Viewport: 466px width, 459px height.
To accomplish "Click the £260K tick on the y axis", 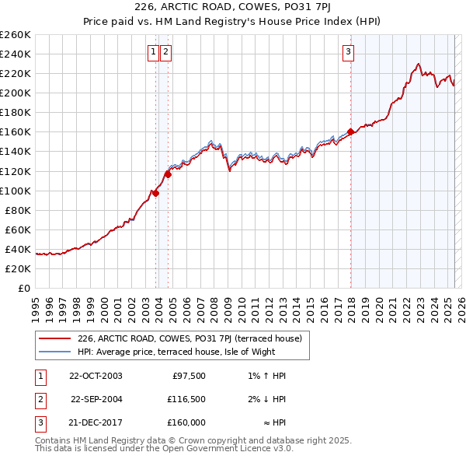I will (15, 35).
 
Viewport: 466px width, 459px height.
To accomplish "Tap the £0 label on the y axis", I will (25, 288).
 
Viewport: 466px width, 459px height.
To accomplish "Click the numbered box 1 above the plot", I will (154, 52).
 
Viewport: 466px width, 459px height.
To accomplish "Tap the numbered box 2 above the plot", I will (166, 52).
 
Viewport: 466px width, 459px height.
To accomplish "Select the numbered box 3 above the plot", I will (349, 52).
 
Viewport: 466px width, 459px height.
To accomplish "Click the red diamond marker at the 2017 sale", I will (350, 131).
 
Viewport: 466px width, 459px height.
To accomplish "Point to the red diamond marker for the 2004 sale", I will (168, 174).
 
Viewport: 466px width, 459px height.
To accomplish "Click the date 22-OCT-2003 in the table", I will (96, 376).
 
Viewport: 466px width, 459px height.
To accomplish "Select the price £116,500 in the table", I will (186, 399).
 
